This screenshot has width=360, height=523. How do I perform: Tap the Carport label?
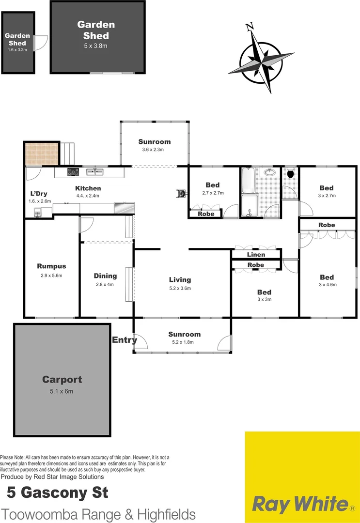coord(62,380)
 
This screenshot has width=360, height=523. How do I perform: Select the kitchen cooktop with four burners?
coord(73,171)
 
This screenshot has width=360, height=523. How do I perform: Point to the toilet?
coord(291,173)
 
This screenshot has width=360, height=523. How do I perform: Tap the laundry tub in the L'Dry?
coord(37,212)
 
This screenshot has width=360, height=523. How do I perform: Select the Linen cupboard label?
coord(256,255)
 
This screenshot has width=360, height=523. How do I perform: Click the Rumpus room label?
coord(51,266)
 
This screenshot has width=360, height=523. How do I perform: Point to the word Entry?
coord(124,340)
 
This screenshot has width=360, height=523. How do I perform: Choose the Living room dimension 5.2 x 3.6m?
coord(180,288)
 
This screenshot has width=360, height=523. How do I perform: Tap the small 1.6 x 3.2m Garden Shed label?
coord(17,49)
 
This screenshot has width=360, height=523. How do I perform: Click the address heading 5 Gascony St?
coord(57,493)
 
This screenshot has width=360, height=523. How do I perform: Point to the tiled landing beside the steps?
coord(41,154)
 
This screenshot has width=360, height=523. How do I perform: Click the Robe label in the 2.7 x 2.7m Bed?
coord(206,213)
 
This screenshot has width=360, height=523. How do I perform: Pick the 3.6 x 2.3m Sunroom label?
coord(155,150)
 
